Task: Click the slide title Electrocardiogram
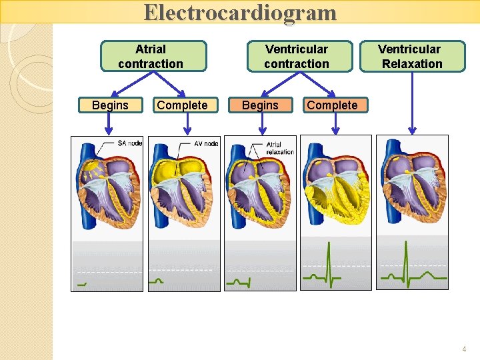pyautogui.click(x=240, y=13)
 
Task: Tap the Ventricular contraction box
pyautogui.click(x=298, y=57)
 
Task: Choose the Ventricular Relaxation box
pyautogui.click(x=411, y=57)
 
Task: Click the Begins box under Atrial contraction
pyautogui.click(x=111, y=105)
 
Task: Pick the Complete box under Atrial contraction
pyautogui.click(x=182, y=105)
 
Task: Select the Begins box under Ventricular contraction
pyautogui.click(x=260, y=105)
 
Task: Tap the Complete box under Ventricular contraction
pyautogui.click(x=332, y=105)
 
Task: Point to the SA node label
pyautogui.click(x=129, y=143)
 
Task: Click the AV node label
pyautogui.click(x=206, y=143)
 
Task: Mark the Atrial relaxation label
pyautogui.click(x=279, y=148)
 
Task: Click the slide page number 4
pyautogui.click(x=465, y=349)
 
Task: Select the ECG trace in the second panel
pyautogui.click(x=156, y=281)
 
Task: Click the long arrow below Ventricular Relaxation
pyautogui.click(x=413, y=103)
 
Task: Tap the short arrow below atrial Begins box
pyautogui.click(x=111, y=123)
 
